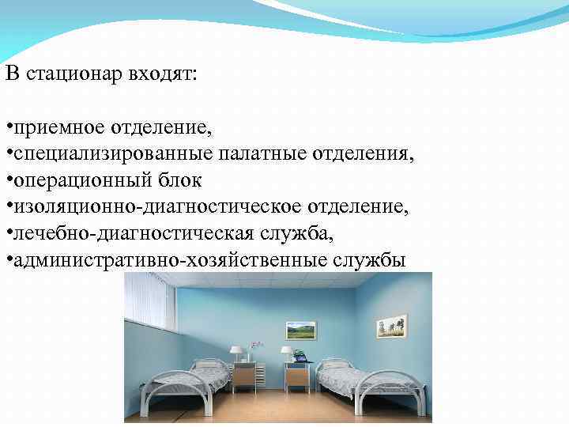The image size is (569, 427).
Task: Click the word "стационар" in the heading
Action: (70, 75)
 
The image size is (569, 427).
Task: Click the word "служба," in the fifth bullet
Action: (291, 233)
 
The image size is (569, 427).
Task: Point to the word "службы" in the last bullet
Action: (371, 259)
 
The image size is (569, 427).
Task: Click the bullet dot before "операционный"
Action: (7, 180)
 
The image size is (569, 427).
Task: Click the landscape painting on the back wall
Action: (300, 330)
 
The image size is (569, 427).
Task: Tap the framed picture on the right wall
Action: (391, 326)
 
